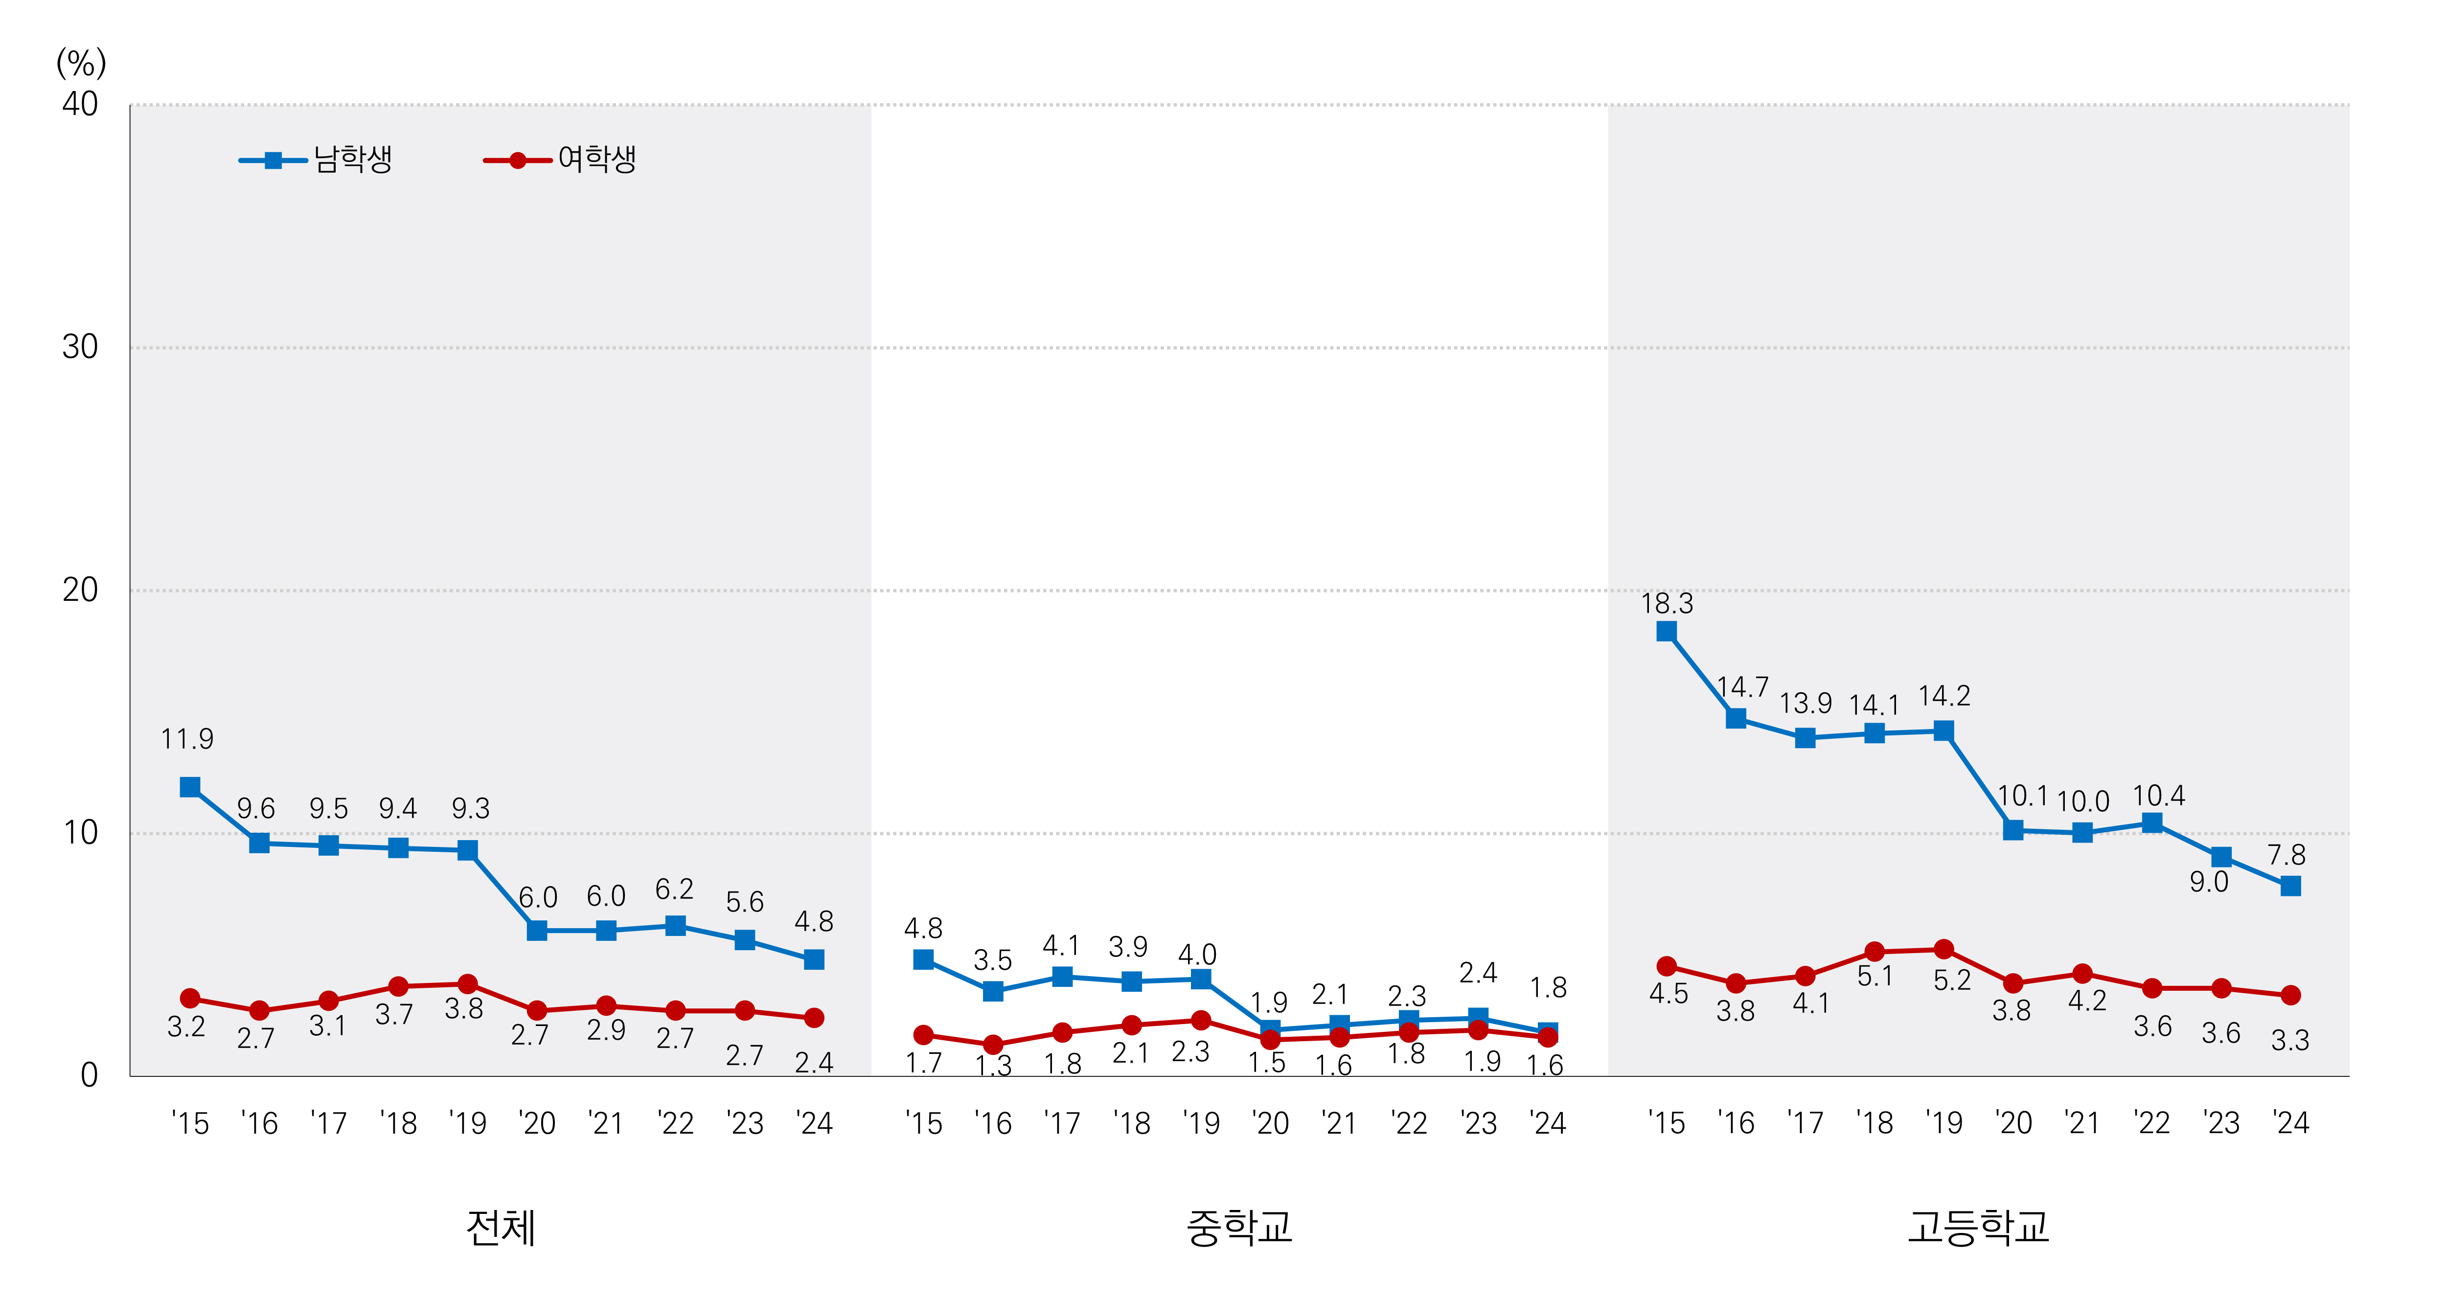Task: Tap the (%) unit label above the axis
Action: tap(81, 64)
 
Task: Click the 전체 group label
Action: tap(501, 1228)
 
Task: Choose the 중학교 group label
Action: tap(1238, 1228)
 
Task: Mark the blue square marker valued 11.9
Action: tap(190, 787)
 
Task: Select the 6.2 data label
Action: tap(674, 890)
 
